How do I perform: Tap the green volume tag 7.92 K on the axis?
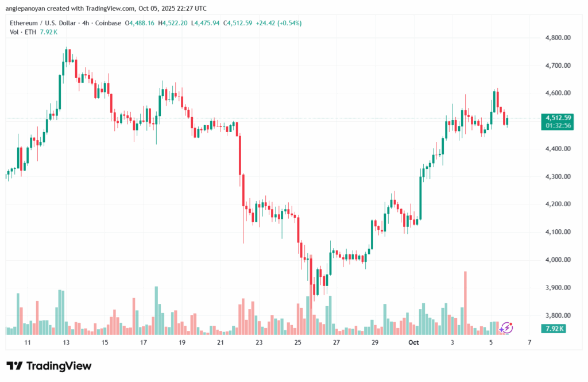(554, 329)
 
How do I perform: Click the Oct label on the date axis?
(413, 342)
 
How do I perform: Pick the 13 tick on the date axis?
(66, 342)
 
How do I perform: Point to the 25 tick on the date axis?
(297, 342)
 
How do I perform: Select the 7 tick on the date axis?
(529, 342)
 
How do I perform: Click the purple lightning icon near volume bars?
(506, 328)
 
